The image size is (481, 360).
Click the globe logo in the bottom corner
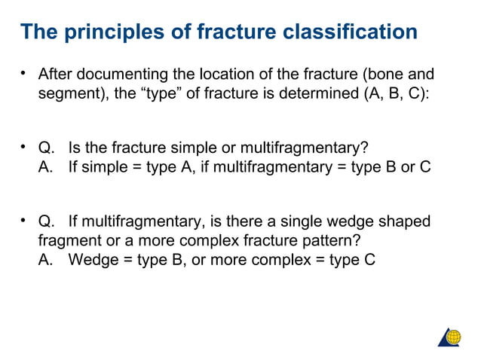coord(450,337)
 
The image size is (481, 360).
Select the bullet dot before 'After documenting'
coord(24,74)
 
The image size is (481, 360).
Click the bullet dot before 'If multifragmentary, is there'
coord(24,221)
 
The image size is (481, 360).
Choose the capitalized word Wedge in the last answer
coord(90,261)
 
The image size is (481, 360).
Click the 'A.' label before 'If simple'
coord(47,166)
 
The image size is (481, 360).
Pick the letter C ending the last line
coord(369,261)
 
